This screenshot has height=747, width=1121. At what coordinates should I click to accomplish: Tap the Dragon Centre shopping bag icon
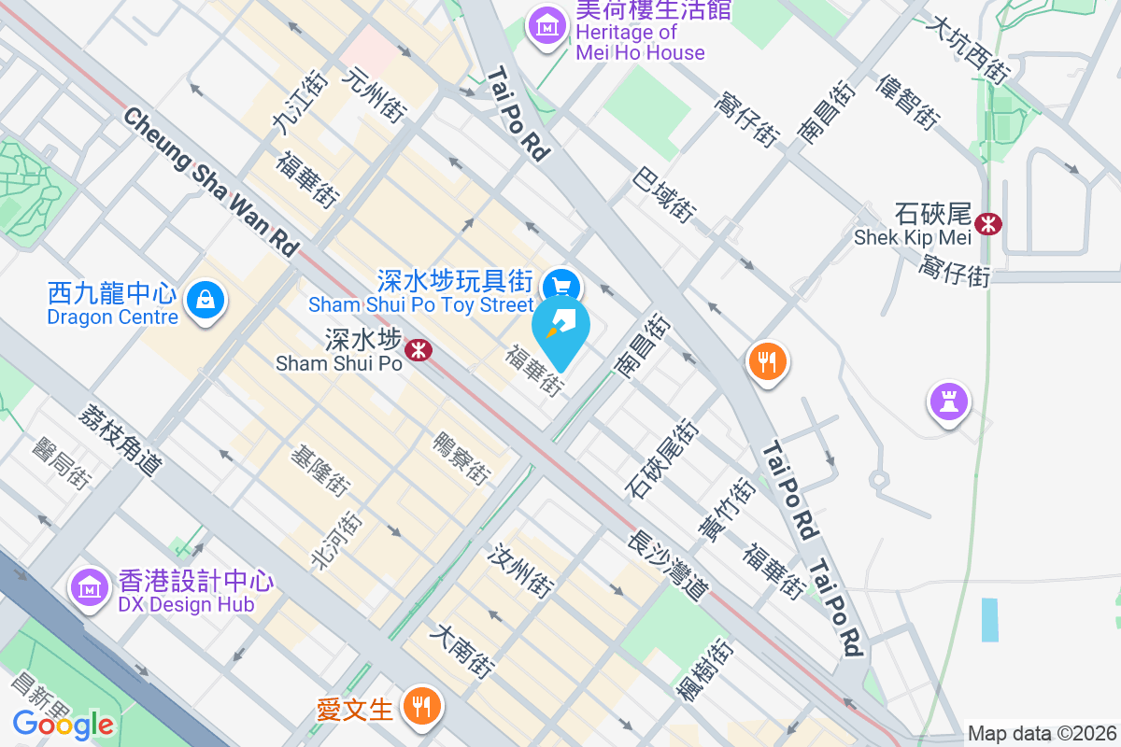click(x=204, y=301)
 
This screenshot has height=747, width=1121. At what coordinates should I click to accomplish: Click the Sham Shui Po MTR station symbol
click(x=418, y=350)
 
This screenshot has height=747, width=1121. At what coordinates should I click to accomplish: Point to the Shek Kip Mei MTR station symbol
click(x=987, y=223)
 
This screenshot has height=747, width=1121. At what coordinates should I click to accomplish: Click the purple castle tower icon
click(x=948, y=402)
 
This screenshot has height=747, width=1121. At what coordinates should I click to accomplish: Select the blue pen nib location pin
click(x=560, y=328)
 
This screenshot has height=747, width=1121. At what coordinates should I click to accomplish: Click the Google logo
click(x=64, y=724)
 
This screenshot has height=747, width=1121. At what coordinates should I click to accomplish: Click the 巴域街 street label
click(x=664, y=194)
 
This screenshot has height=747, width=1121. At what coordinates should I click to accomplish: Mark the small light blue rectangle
click(x=989, y=619)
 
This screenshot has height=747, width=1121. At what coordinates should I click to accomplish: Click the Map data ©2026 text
click(x=1041, y=734)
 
